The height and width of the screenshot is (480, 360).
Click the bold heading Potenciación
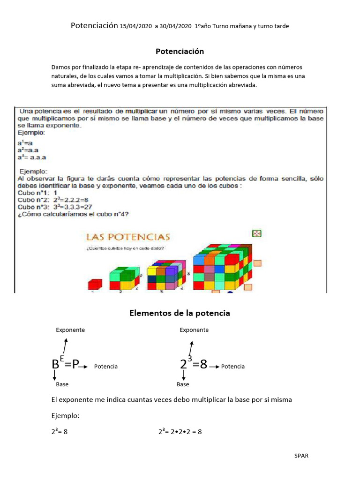(x=180, y=51)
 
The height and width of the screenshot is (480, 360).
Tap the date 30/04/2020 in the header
(x=176, y=26)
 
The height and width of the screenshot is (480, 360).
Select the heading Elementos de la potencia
(x=180, y=313)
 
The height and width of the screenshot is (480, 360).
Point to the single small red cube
(x=95, y=284)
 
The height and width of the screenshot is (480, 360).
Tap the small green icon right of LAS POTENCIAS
(x=256, y=233)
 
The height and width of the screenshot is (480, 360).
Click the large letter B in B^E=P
(x=56, y=365)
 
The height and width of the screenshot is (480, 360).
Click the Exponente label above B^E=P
(x=70, y=330)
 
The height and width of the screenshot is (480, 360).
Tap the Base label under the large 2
(x=183, y=384)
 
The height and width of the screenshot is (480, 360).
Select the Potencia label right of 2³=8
(x=233, y=367)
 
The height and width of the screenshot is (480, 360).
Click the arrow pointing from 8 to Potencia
(x=214, y=366)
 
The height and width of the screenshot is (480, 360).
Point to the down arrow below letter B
(x=55, y=375)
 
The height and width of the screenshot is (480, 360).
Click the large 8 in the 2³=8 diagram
(x=203, y=365)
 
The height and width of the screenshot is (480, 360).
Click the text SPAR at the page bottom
(x=301, y=456)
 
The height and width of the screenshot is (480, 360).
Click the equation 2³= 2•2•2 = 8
(x=180, y=432)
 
